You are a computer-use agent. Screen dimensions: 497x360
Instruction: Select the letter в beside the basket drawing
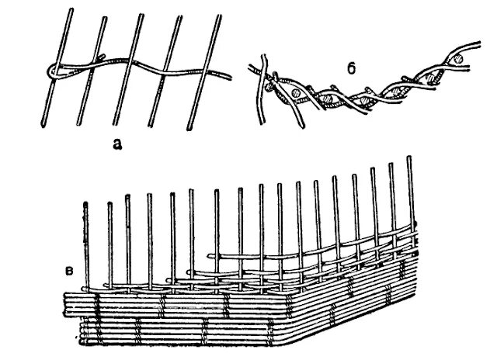coord(70,270)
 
